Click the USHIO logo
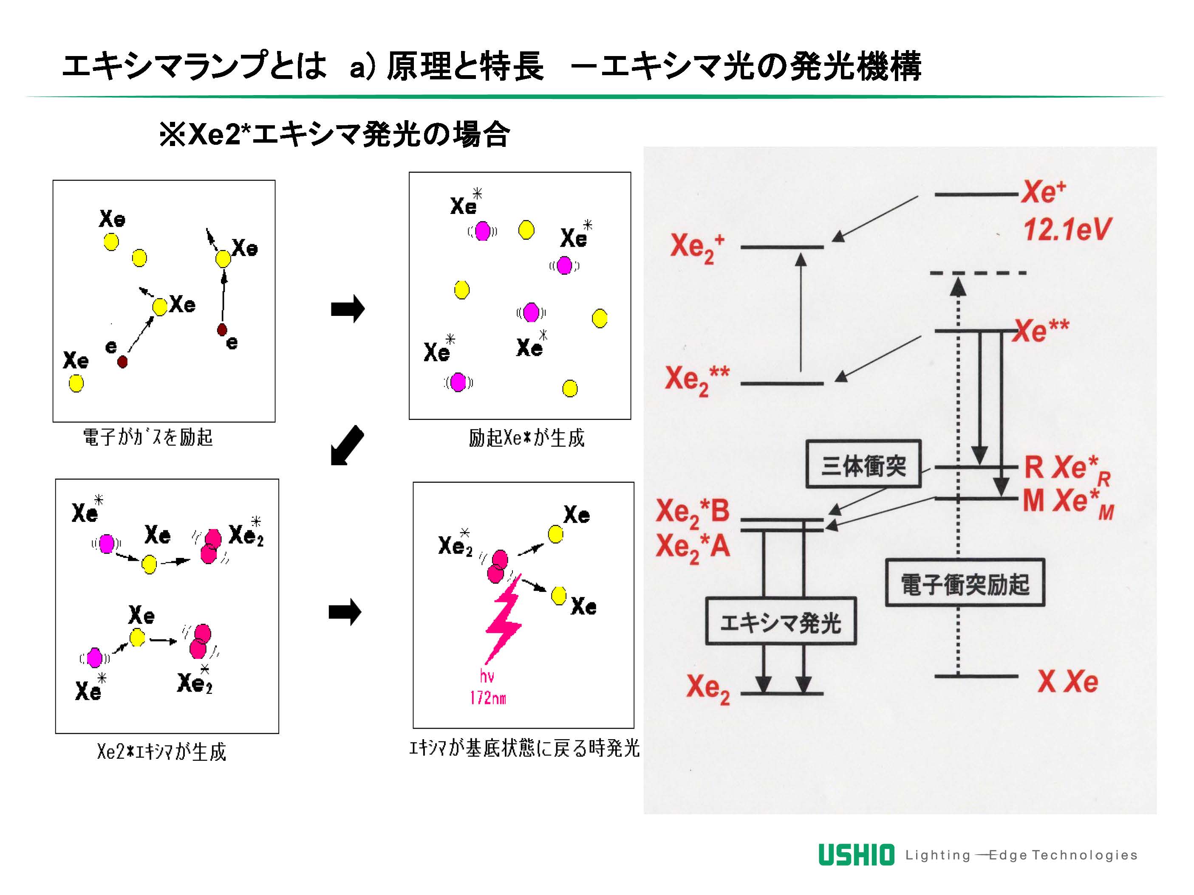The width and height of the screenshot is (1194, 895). click(x=856, y=855)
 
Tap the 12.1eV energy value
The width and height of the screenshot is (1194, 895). click(x=1067, y=230)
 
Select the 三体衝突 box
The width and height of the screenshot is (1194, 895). click(x=863, y=464)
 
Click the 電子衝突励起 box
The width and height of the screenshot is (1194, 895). click(x=965, y=583)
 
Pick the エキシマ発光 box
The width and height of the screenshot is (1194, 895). click(x=781, y=622)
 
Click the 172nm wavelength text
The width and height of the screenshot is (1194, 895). click(x=488, y=698)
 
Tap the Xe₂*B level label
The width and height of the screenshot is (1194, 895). click(x=693, y=512)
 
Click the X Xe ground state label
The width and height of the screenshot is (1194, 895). click(x=1067, y=681)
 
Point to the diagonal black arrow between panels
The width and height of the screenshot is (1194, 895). click(x=347, y=445)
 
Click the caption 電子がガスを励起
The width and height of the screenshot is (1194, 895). click(x=147, y=437)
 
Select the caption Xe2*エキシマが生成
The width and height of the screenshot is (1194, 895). click(x=161, y=751)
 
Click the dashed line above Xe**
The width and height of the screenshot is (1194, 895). click(x=978, y=273)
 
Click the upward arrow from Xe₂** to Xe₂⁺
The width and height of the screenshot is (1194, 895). click(x=801, y=313)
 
